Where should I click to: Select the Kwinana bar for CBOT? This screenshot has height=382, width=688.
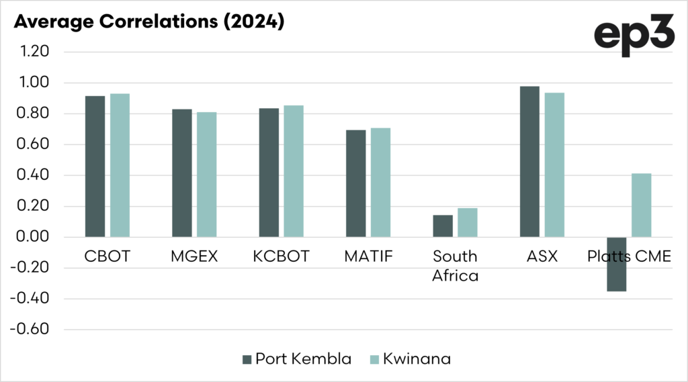pyautogui.click(x=120, y=165)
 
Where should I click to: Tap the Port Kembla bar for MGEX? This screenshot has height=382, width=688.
pyautogui.click(x=182, y=173)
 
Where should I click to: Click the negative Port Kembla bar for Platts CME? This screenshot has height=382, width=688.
pyautogui.click(x=616, y=264)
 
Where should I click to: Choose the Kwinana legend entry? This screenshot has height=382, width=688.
pyautogui.click(x=409, y=359)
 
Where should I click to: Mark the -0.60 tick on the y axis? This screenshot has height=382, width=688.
pyautogui.click(x=33, y=330)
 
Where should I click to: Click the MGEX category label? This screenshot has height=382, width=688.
pyautogui.click(x=194, y=256)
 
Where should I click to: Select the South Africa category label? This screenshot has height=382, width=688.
pyautogui.click(x=455, y=265)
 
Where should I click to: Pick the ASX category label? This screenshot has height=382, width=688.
pyautogui.click(x=542, y=256)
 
